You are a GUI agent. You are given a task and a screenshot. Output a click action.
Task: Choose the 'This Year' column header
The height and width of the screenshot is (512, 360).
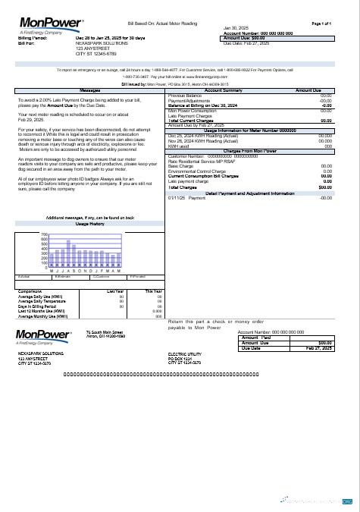154,291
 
